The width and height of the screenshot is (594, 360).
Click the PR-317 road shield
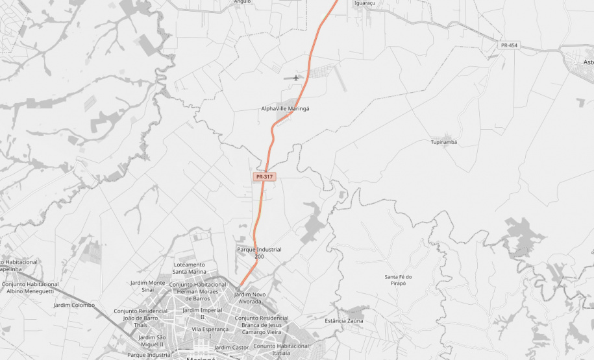click(265, 176)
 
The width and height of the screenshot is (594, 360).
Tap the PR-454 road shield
click(509, 45)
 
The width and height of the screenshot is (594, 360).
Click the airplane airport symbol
click(297, 78)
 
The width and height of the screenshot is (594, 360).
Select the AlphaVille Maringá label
click(285, 108)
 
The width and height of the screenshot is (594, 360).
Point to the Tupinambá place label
click(444, 142)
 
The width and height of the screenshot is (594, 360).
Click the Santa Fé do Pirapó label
click(399, 280)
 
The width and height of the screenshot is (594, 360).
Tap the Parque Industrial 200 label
click(259, 253)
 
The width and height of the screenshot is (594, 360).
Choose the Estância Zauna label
click(344, 321)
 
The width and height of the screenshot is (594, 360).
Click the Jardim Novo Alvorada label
click(250, 298)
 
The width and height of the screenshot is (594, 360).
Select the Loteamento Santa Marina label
click(189, 268)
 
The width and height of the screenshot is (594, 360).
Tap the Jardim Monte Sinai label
click(148, 286)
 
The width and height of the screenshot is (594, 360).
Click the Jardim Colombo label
click(74, 305)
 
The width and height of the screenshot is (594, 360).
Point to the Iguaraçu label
click(365, 3)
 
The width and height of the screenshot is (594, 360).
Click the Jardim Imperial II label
click(202, 313)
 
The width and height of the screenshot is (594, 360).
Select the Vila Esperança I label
click(210, 332)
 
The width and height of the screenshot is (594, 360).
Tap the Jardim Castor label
click(232, 348)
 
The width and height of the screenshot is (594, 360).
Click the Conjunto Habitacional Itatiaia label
click(280, 349)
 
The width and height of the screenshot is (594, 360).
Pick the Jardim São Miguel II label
click(153, 341)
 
